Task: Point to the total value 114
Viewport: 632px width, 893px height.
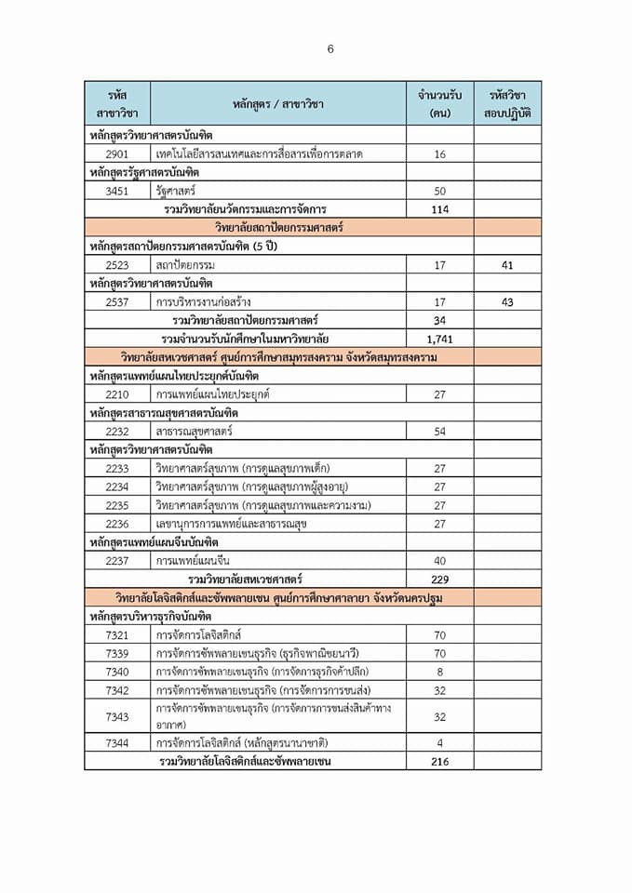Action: tap(440, 209)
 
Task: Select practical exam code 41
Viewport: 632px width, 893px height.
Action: tap(507, 265)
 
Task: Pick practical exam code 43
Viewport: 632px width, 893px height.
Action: tap(507, 301)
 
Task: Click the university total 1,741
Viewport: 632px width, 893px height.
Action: tap(440, 339)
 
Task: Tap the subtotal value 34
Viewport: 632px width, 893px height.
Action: tap(440, 320)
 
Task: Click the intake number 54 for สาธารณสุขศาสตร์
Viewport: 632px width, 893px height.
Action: tap(440, 431)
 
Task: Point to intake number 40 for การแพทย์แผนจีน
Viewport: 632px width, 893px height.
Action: tap(440, 560)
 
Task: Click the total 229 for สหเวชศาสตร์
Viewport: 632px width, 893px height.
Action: tap(440, 579)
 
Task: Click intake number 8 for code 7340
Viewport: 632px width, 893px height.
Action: tap(440, 671)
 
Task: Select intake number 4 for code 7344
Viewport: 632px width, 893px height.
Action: tap(440, 742)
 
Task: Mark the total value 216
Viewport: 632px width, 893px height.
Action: tap(440, 761)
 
